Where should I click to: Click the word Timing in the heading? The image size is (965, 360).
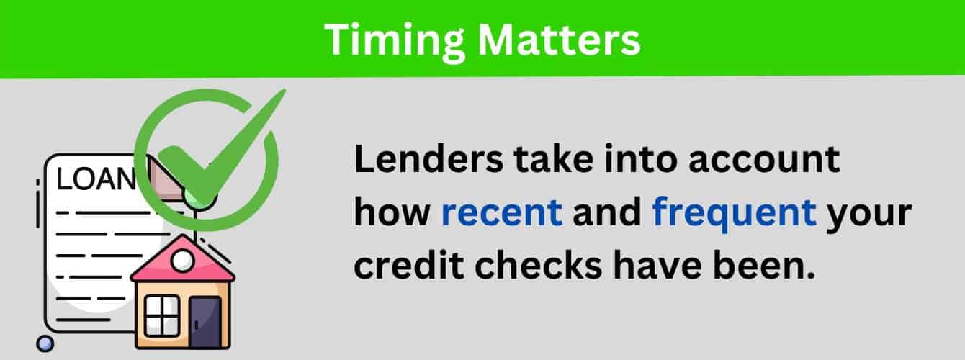point(389,40)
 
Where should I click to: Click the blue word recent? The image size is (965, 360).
point(501,214)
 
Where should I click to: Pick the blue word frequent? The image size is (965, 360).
point(734,214)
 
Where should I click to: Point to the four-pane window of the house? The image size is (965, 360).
point(162,315)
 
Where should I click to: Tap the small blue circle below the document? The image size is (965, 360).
point(45,343)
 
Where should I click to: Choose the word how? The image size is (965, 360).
point(392,214)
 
